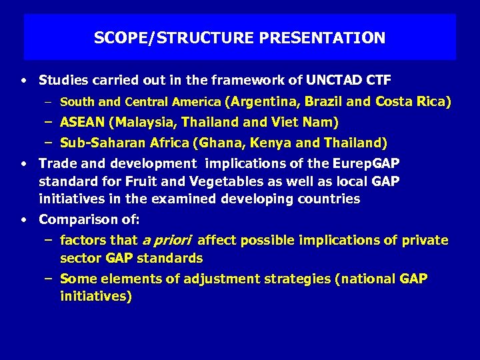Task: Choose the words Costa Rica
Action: pyautogui.click(x=411, y=102)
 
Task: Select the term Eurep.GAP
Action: pyautogui.click(x=369, y=163)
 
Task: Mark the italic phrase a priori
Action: pyautogui.click(x=166, y=240)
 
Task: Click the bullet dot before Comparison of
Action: pyautogui.click(x=23, y=219)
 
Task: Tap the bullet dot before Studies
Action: pyautogui.click(x=23, y=81)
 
